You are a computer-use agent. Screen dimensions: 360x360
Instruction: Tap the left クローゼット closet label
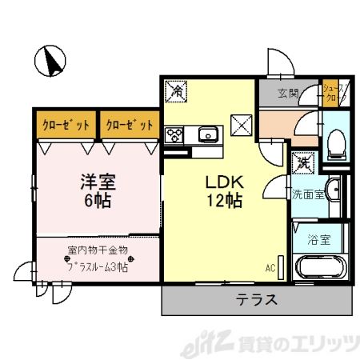pyautogui.click(x=65, y=125)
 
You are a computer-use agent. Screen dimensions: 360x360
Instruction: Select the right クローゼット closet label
pyautogui.click(x=129, y=125)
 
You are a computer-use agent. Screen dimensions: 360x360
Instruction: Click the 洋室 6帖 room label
pyautogui.click(x=97, y=190)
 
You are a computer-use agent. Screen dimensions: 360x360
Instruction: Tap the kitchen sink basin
pyautogui.click(x=209, y=134)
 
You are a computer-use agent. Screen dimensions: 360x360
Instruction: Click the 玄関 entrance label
pyautogui.click(x=289, y=94)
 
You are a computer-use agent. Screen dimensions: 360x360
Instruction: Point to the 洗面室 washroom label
pyautogui.click(x=308, y=194)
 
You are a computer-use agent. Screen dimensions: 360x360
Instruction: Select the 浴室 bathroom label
pyautogui.click(x=326, y=238)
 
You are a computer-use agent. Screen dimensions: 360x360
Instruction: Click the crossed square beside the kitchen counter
pyautogui.click(x=242, y=126)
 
